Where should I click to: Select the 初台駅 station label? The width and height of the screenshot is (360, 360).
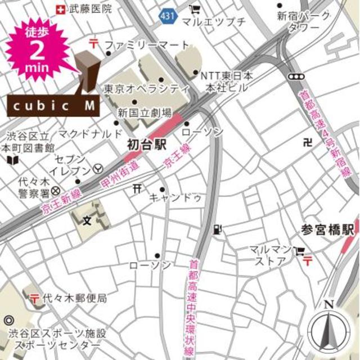coord(147,145)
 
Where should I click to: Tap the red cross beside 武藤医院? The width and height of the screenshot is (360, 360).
coord(61,9)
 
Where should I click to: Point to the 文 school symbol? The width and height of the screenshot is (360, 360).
coord(87,219)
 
